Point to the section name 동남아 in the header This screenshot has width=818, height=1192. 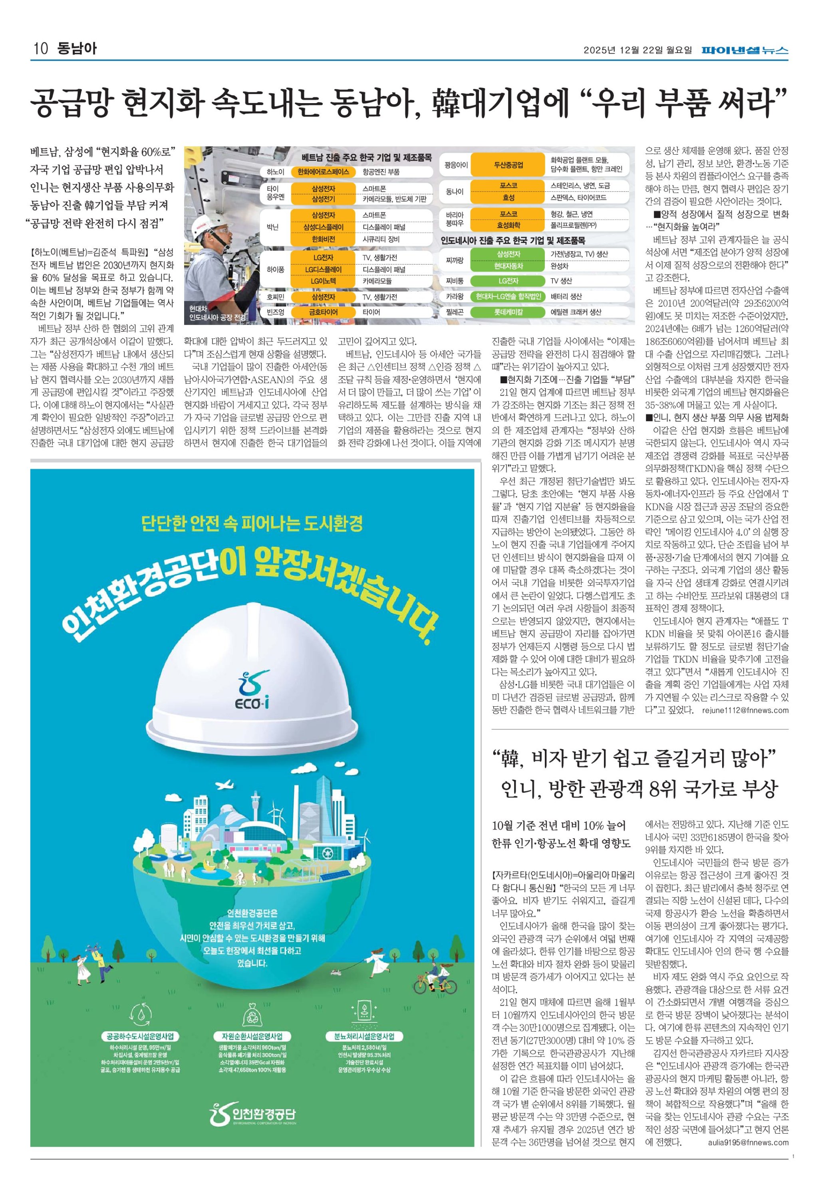pyautogui.click(x=77, y=49)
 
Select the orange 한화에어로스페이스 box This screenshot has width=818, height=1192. pyautogui.click(x=323, y=172)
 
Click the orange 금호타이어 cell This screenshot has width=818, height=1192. pyautogui.click(x=323, y=312)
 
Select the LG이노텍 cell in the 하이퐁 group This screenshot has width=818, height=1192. pyautogui.click(x=323, y=281)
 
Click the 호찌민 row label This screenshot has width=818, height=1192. pyautogui.click(x=275, y=297)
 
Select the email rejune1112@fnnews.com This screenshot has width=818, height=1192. pyautogui.click(x=745, y=710)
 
